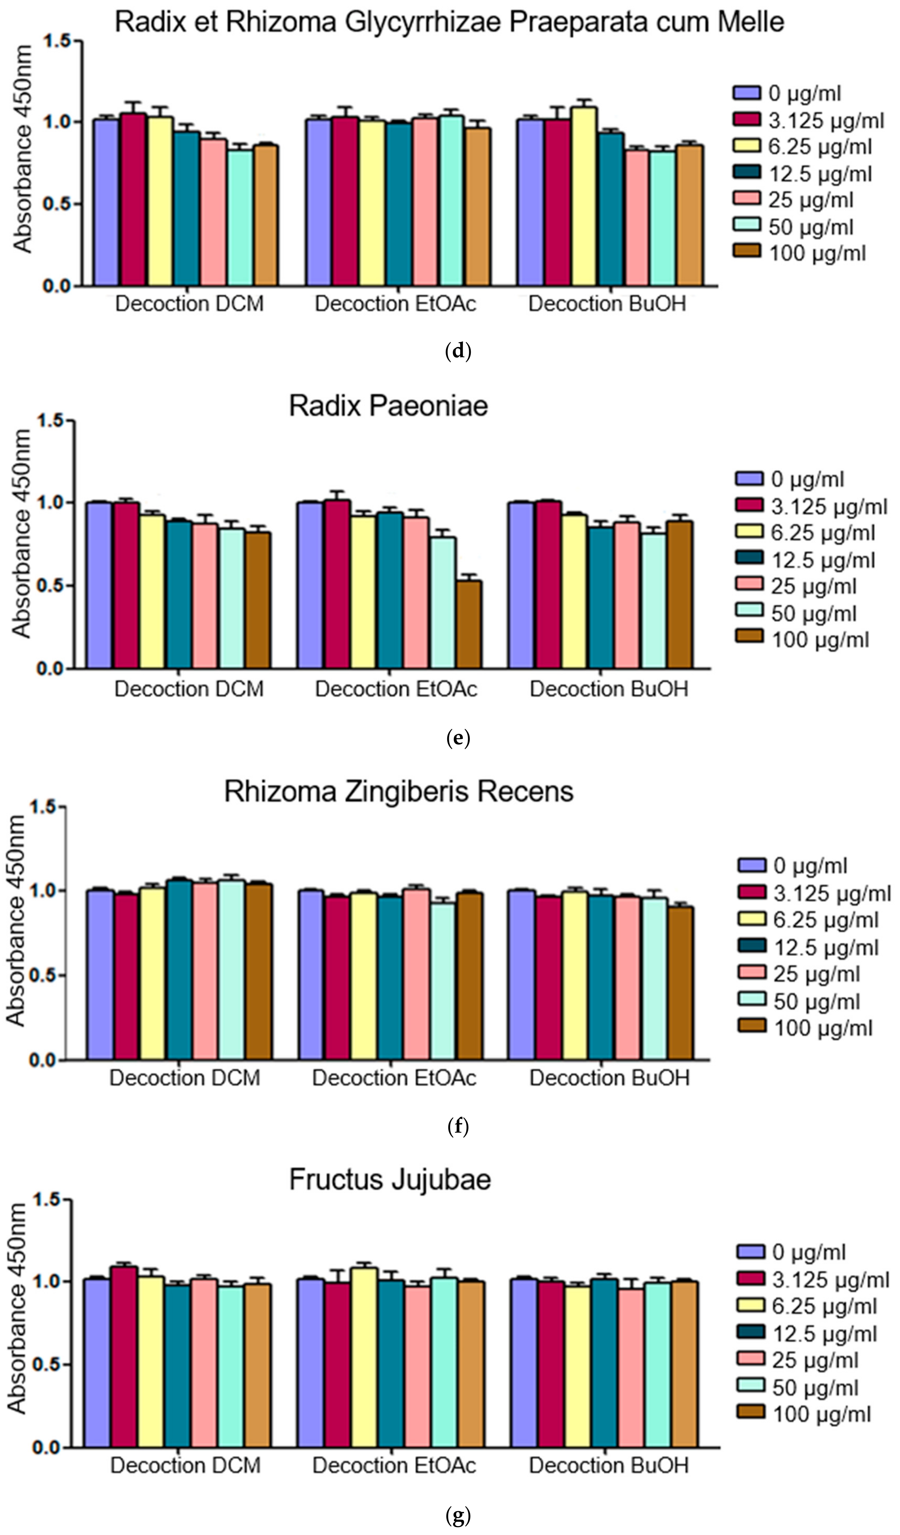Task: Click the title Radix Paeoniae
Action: tap(388, 406)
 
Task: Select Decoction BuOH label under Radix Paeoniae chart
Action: tap(609, 689)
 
